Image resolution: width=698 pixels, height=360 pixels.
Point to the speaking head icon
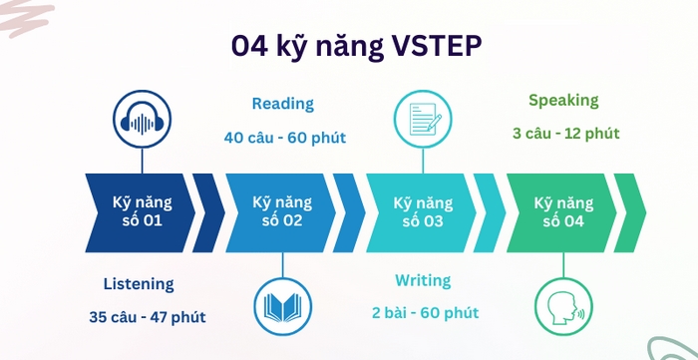click(563, 306)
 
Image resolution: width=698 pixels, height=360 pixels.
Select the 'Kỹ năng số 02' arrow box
click(282, 211)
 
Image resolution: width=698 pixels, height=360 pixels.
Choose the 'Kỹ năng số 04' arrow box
click(560, 211)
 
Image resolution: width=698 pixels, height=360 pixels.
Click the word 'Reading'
click(282, 104)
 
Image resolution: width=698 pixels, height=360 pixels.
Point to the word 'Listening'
click(139, 284)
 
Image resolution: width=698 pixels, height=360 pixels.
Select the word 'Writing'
click(422, 281)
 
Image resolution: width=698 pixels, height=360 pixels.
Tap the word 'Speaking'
click(563, 100)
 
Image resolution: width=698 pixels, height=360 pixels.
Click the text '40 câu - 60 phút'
click(284, 138)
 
